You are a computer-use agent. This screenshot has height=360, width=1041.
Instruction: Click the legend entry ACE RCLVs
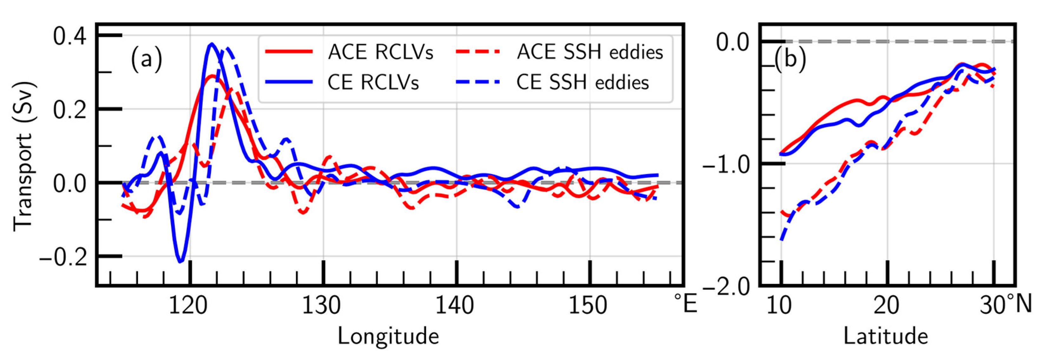coord(380,53)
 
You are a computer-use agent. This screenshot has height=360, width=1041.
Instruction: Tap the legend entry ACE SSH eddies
coord(590,53)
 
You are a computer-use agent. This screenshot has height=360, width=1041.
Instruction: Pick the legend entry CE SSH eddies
coord(582,82)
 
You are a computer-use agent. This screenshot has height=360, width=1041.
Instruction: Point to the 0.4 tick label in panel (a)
coord(69,36)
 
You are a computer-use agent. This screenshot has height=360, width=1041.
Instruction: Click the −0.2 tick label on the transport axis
coord(63,257)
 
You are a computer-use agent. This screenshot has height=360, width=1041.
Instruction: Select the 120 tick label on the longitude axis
coord(188,305)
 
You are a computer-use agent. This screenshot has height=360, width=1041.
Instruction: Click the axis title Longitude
coord(388,336)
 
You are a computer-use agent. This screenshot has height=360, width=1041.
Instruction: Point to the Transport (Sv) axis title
coord(23,157)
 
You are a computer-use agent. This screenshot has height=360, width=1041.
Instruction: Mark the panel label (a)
coord(146,59)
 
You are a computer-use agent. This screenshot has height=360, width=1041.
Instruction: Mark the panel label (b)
coord(790,59)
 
